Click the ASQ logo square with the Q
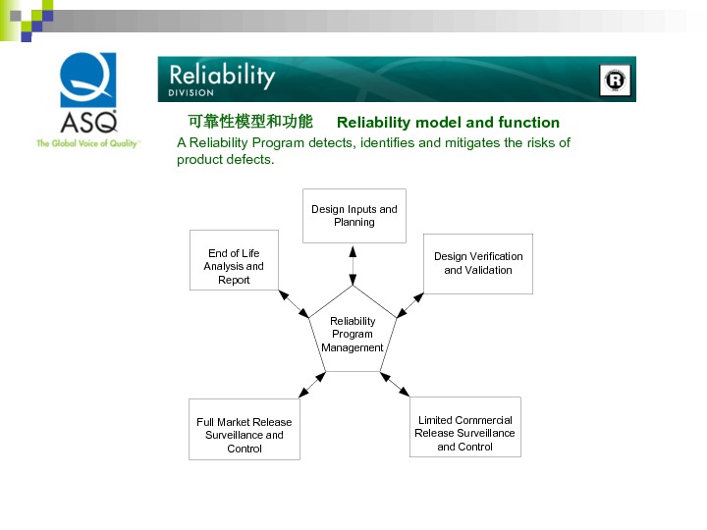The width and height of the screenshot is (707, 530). click(89, 81)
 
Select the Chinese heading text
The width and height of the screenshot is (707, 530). click(250, 122)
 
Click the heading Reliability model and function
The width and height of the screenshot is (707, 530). click(448, 123)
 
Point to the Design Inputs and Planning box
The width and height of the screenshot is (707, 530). click(353, 216)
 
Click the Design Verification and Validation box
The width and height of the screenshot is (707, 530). click(478, 263)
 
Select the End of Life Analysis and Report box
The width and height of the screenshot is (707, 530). click(234, 260)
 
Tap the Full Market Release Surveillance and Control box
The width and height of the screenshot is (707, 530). click(245, 429)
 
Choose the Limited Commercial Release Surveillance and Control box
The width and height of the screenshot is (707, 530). click(464, 427)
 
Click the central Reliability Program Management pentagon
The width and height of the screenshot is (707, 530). click(353, 334)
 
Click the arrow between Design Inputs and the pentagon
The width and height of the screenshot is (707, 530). click(353, 264)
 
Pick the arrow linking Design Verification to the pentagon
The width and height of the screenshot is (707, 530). click(410, 305)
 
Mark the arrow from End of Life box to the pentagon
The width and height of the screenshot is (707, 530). click(294, 304)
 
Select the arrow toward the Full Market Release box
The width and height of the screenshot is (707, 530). click(312, 385)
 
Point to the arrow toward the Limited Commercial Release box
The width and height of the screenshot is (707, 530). click(395, 384)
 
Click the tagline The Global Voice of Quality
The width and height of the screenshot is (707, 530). click(88, 143)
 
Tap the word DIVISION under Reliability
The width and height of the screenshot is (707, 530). click(190, 93)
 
